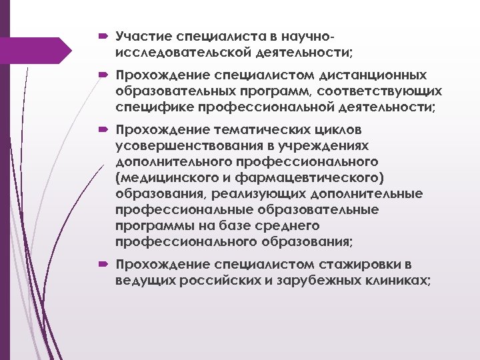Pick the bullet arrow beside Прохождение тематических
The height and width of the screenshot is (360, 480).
[104, 129]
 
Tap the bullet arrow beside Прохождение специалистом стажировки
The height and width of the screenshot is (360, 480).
[104, 265]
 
